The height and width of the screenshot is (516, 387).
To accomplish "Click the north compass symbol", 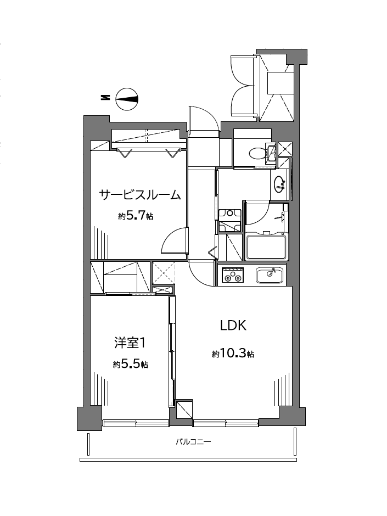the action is pyautogui.click(x=127, y=99).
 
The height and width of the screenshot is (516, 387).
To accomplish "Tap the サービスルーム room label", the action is pyautogui.click(x=140, y=195).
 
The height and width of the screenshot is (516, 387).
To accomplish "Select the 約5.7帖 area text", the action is pyautogui.click(x=136, y=216).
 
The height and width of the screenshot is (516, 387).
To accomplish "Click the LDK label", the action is pyautogui.click(x=233, y=326).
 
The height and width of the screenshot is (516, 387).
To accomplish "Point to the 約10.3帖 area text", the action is pyautogui.click(x=233, y=354).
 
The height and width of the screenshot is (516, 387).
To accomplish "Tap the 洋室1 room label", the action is pyautogui.click(x=130, y=343).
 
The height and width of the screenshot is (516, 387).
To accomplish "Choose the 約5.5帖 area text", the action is pyautogui.click(x=131, y=364).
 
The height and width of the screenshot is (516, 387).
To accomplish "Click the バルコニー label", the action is pyautogui.click(x=193, y=442).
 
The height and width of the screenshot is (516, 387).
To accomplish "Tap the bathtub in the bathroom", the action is pyautogui.click(x=266, y=246).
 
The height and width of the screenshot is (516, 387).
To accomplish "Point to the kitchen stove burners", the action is pyautogui.click(x=233, y=276).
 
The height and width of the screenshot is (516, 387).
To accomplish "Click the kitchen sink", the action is pyautogui.click(x=270, y=275).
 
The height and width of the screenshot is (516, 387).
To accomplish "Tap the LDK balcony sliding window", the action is pyautogui.click(x=226, y=423).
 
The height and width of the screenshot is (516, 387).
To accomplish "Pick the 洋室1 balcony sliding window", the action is pyautogui.click(x=136, y=423).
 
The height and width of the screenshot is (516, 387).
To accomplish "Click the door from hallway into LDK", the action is pyautogui.click(x=201, y=274).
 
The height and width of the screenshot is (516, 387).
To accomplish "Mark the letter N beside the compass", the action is pyautogui.click(x=105, y=98).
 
